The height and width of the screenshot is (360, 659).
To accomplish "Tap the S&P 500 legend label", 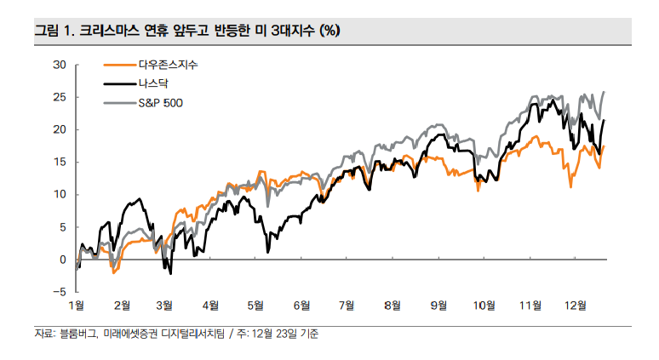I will coord(160,103).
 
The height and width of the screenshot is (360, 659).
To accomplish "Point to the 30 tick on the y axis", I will coord(59,64).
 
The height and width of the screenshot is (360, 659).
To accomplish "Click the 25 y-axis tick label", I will coord(59,97).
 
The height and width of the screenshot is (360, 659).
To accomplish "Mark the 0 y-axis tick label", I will coord(62,260).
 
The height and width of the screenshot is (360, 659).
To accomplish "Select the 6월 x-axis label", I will coord(301,305).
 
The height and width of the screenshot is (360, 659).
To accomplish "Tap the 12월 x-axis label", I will coord(574,305).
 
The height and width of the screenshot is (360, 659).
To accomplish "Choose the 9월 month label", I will coord(438,305).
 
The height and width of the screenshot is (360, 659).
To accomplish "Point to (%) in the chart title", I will coord(329,31).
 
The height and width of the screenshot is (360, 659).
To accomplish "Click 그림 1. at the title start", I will coord(54,31).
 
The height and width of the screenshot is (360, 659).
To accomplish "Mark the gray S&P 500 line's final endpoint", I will coord(604,92).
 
